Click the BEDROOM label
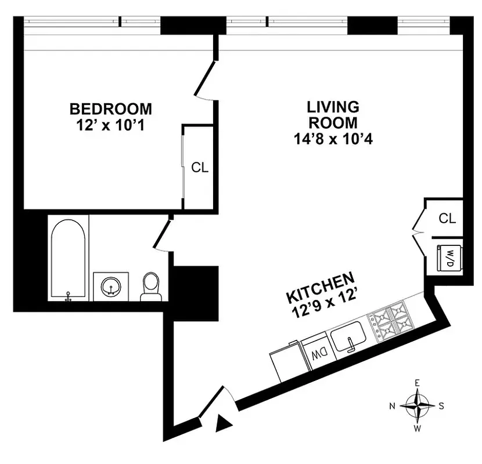coord(110,108)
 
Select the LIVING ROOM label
coord(333,114)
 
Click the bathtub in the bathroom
coord(69,258)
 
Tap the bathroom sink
coord(110,286)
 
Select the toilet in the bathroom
coord(150,286)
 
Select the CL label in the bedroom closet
coord(200,168)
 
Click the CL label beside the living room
coord(447,218)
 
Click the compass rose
coord(417,405)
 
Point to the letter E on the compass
coord(417,383)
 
